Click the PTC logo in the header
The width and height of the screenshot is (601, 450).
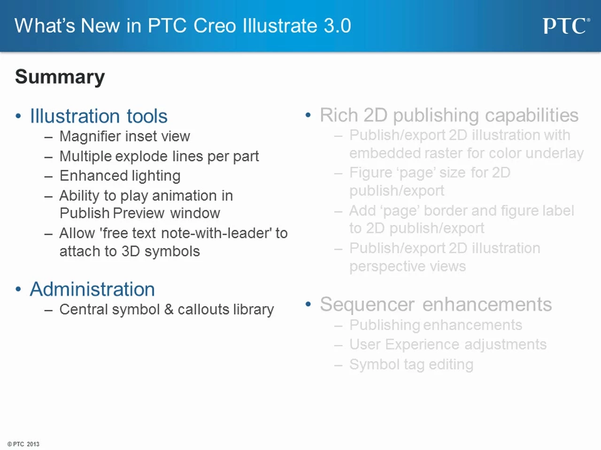[x=567, y=26]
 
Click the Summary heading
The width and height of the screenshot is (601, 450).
[x=60, y=77]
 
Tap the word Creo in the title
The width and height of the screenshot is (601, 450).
[x=215, y=26]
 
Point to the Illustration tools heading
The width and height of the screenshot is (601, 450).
[x=99, y=116]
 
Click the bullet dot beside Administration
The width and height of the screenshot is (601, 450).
[x=18, y=289]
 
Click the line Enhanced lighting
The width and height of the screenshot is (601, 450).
[x=120, y=176]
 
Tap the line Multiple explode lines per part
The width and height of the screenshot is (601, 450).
[x=159, y=157]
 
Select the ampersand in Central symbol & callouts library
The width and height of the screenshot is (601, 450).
[x=169, y=309]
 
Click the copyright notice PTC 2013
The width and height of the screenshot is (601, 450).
[x=23, y=444]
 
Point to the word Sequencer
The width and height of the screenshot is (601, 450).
[x=367, y=304]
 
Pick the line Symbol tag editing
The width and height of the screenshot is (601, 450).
[x=411, y=365]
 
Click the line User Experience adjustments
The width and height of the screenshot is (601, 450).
[x=448, y=344]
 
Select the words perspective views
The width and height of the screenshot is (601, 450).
[x=408, y=266]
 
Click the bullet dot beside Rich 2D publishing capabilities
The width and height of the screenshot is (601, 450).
[x=308, y=115]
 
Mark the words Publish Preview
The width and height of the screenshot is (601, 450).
[x=112, y=213]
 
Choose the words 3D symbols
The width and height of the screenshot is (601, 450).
[x=161, y=251]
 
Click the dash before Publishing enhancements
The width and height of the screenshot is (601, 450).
[x=339, y=325]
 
